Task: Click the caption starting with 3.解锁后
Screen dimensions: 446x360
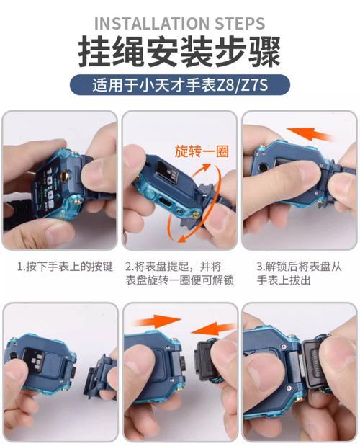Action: [x=297, y=273]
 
